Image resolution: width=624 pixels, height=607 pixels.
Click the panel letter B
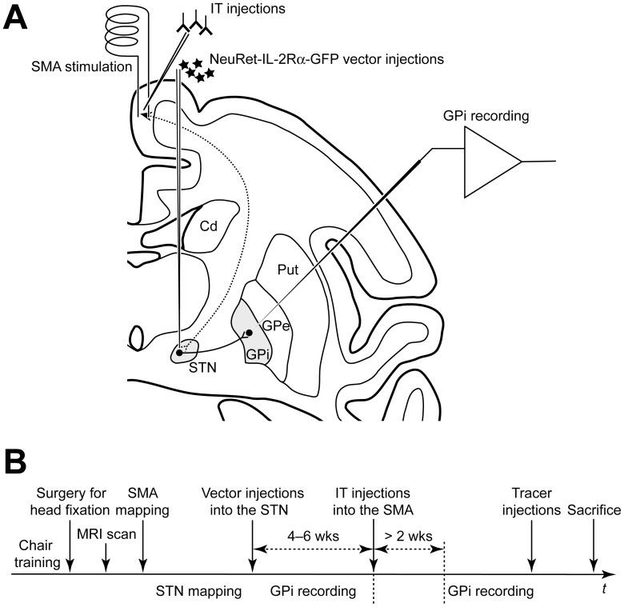[17, 463]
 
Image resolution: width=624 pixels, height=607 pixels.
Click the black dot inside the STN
[179, 353]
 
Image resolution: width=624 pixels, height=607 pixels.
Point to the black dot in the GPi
[248, 332]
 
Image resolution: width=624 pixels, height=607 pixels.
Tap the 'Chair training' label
[38, 554]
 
